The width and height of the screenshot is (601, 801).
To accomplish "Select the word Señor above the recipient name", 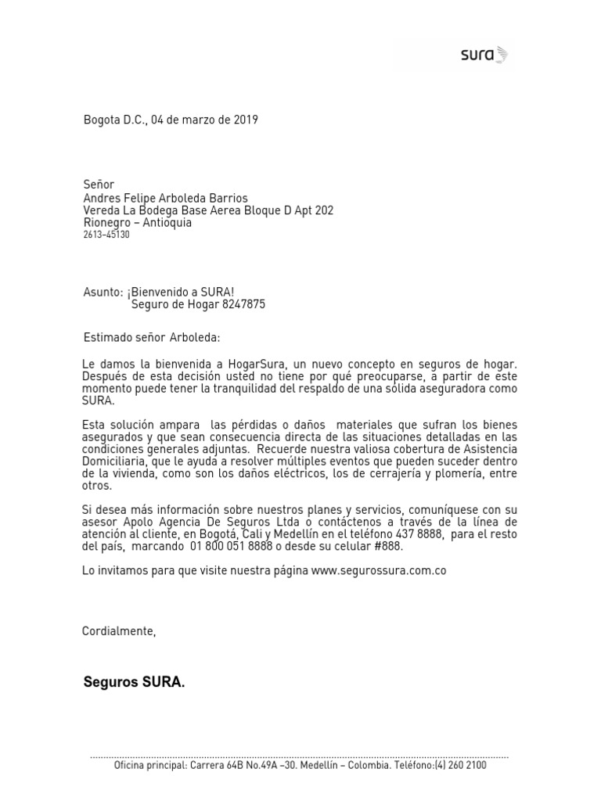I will pyautogui.click(x=99, y=185).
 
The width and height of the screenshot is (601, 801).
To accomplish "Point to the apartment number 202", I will pyautogui.click(x=322, y=210).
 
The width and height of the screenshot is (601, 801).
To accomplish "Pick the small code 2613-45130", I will pyautogui.click(x=106, y=235).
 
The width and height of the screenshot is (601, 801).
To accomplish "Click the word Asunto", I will pyautogui.click(x=103, y=293).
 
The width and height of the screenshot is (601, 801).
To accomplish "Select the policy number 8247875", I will pyautogui.click(x=242, y=305).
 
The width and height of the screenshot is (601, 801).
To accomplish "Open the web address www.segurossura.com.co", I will pyautogui.click(x=379, y=571).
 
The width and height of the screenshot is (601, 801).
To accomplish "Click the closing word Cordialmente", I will pyautogui.click(x=118, y=631).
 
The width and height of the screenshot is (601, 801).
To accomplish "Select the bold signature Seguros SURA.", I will pyautogui.click(x=135, y=683).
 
